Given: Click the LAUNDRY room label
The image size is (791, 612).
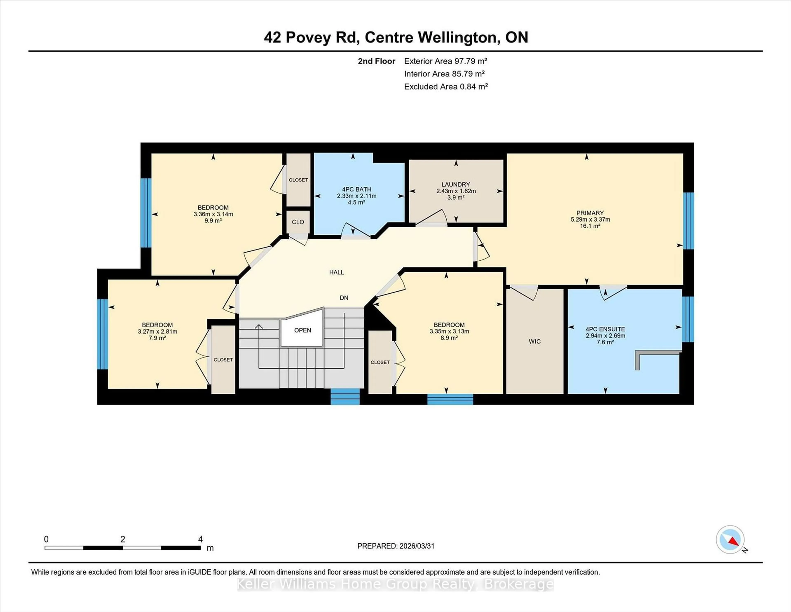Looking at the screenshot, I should click(456, 184).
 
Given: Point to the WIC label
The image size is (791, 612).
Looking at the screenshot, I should click(535, 341).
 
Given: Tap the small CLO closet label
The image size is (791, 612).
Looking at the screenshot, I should click(298, 222).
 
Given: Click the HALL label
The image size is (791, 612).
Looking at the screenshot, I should click(336, 272).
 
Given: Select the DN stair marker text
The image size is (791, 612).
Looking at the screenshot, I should click(344, 298).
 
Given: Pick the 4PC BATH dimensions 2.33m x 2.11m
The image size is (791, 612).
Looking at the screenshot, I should click(356, 196).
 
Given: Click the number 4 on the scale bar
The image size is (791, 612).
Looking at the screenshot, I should click(200, 539).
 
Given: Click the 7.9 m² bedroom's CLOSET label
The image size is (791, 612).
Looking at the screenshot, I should click(223, 360).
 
